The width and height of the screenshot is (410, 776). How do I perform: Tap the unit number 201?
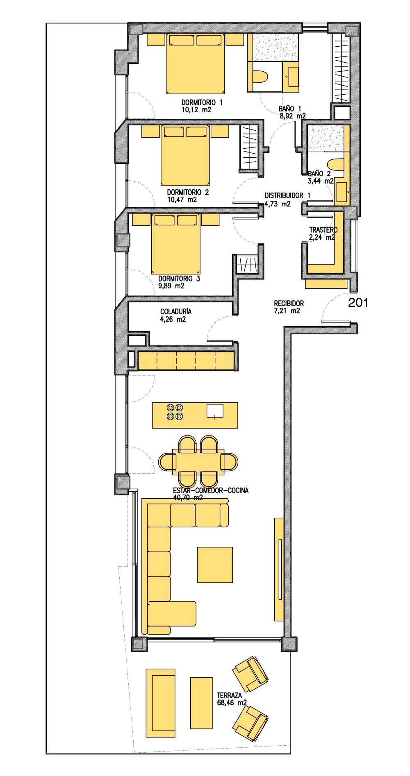coord(358,303)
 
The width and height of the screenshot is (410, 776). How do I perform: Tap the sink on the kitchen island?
coord(215,411)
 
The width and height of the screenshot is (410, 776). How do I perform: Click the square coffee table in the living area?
coord(215,565)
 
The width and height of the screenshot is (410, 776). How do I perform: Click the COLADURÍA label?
coord(176,312)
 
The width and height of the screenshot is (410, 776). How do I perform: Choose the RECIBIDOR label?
coord(289,304)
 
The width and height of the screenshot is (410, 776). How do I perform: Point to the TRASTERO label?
coord(323,230)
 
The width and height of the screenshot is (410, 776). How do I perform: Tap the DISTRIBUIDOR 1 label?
coord(287,196)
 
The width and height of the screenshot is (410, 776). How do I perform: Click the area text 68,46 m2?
coord(232,703)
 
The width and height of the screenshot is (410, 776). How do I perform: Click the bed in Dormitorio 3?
coord(177,243)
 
